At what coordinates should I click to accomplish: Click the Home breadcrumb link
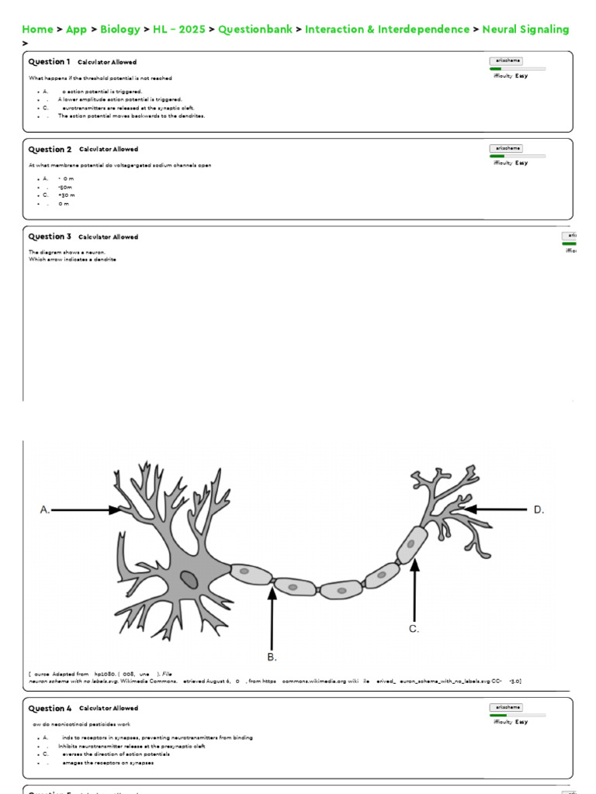[37, 29]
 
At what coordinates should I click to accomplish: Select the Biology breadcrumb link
[120, 29]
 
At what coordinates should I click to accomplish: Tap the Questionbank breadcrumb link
[255, 29]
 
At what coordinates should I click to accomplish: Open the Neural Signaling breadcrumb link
[525, 29]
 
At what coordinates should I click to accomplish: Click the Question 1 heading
[49, 62]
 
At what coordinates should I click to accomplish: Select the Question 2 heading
[50, 150]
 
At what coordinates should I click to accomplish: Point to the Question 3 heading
[50, 237]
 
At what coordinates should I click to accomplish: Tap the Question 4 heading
[50, 709]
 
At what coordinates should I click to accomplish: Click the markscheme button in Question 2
[506, 148]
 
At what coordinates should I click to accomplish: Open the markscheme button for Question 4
[506, 707]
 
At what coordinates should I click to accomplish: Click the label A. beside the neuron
[45, 509]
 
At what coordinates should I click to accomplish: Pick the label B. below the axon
[272, 657]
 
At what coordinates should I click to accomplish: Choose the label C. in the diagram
[414, 629]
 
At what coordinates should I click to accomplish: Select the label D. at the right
[539, 509]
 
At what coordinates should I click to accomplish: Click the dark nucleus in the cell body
[189, 578]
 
